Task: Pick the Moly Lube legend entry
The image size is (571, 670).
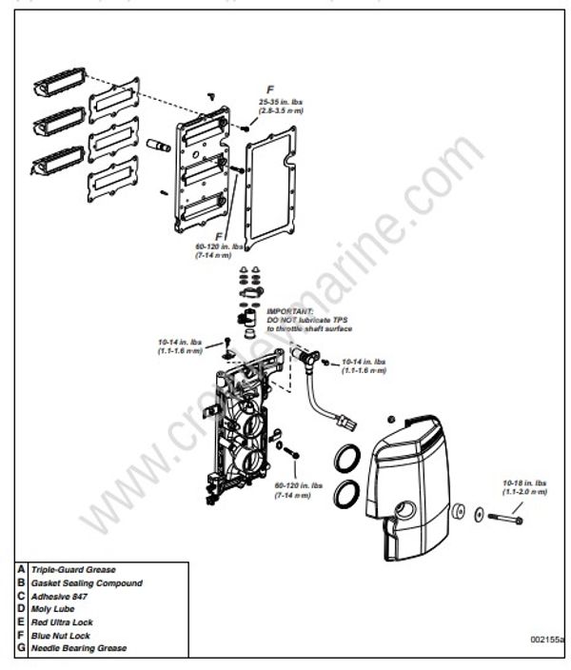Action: pyautogui.click(x=51, y=608)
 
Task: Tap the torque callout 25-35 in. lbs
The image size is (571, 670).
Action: pyautogui.click(x=275, y=102)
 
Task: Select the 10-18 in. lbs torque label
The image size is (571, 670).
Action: pyautogui.click(x=524, y=484)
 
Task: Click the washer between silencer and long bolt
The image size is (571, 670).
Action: pyautogui.click(x=461, y=512)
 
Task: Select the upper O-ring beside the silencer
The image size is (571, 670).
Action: pyautogui.click(x=349, y=459)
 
